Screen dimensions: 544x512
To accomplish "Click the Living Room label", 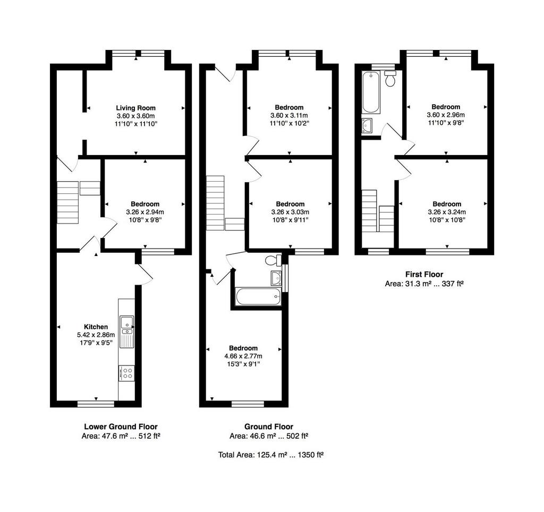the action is click(135, 108).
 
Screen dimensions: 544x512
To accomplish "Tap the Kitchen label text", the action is click(96, 327).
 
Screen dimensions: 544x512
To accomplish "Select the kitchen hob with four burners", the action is click(126, 373).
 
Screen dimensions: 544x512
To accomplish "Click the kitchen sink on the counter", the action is click(126, 331).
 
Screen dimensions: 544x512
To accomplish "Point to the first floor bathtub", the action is click(371, 92).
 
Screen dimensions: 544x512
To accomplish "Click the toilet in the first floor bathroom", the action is click(390, 79).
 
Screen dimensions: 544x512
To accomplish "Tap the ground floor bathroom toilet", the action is click(274, 260).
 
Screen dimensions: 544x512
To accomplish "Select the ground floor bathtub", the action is click(258, 296).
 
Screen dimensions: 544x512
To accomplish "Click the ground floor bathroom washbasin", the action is click(276, 277).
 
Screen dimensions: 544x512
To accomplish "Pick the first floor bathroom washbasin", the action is click(367, 125).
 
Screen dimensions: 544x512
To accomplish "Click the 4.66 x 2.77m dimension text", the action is click(243, 356).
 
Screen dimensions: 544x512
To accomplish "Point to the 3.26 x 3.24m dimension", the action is click(447, 212).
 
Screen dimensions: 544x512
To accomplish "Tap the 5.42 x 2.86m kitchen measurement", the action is click(96, 335).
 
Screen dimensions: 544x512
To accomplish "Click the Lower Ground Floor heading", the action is click(121, 426).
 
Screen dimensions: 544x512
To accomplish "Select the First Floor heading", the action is click(424, 275).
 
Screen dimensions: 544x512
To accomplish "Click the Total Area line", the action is click(271, 455).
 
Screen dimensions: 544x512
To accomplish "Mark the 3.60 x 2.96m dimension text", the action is click(446, 115).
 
